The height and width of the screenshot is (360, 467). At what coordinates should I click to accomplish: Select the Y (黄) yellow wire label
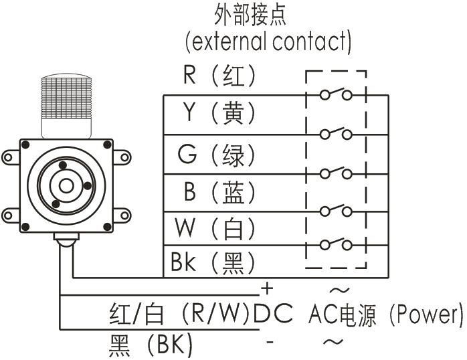pos(219,114)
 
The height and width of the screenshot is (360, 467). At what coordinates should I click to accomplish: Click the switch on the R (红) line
pos(336,94)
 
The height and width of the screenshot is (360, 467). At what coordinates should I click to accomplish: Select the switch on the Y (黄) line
pos(336,133)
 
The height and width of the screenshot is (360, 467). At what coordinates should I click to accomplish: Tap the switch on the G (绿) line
pos(336,173)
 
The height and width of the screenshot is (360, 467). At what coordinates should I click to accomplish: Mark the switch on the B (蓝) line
pos(336,211)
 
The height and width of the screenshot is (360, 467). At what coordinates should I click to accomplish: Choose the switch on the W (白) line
pos(336,244)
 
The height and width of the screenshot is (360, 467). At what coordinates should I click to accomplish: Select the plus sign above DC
pos(267,289)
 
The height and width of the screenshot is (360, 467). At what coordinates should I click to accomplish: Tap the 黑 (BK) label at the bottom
pos(150,345)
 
